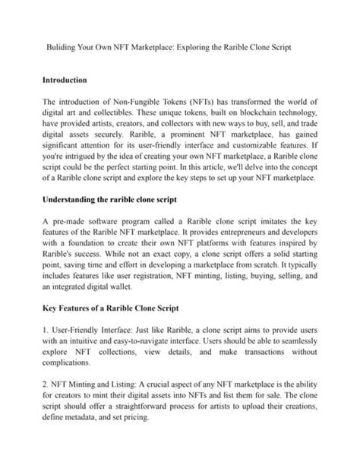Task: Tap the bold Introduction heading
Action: click(65, 80)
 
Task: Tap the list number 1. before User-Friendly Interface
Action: click(46, 332)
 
